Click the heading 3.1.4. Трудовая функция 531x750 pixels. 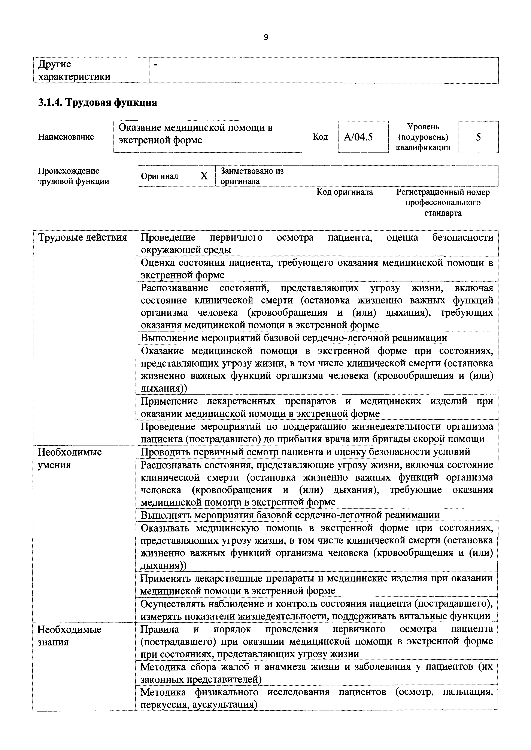(97, 103)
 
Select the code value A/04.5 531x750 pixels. (358, 137)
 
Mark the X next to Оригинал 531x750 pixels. (204, 176)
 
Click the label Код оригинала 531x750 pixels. (345, 192)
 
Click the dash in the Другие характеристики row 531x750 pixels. (156, 65)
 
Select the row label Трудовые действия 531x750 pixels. (82, 237)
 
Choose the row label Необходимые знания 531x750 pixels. (69, 636)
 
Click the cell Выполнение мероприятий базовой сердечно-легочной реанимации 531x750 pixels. (294, 337)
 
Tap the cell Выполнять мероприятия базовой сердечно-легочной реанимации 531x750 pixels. (290, 515)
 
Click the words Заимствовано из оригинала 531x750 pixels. (252, 176)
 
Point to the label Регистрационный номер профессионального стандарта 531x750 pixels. (443, 203)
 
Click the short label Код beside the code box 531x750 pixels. (321, 137)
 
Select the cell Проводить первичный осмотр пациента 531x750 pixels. (305, 452)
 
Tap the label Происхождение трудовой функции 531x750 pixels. (73, 176)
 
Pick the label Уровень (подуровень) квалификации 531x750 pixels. (423, 137)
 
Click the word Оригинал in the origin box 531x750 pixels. (160, 176)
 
